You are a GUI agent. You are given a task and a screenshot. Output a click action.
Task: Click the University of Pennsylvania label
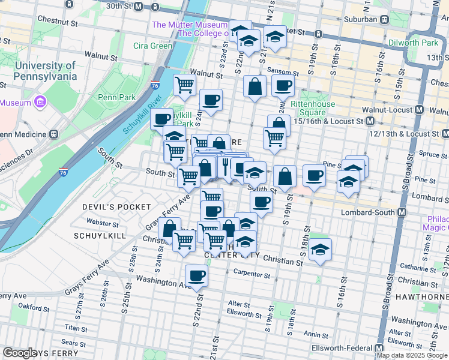click(x=46, y=71)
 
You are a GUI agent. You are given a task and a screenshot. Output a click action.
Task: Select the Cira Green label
click(x=152, y=46)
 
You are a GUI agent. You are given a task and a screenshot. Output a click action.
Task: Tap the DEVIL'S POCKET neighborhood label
click(x=116, y=207)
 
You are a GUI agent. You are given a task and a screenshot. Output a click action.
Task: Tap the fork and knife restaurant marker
click(x=226, y=166)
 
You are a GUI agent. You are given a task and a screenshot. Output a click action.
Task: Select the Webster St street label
click(x=98, y=223)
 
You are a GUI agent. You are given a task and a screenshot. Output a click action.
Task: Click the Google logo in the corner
click(x=19, y=353)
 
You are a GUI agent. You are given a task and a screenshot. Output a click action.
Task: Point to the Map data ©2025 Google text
click(x=412, y=355)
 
